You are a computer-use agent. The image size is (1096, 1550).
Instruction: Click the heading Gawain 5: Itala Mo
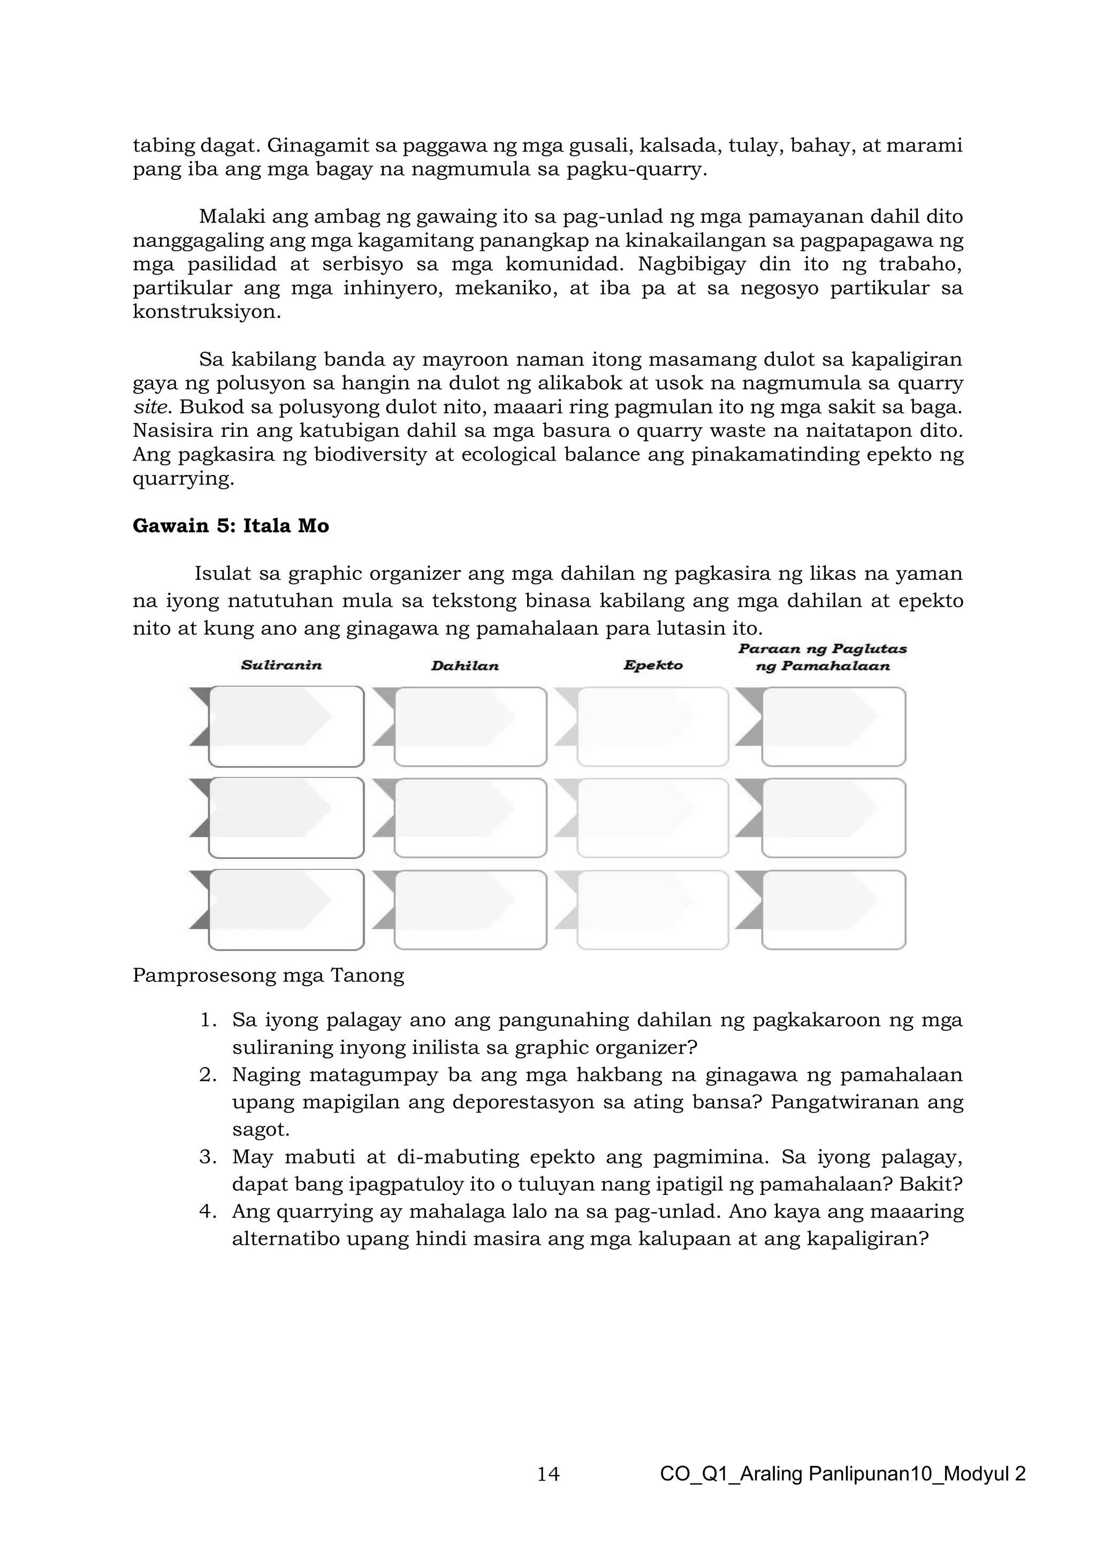coord(231,526)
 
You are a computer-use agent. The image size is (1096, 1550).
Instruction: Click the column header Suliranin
coord(281,666)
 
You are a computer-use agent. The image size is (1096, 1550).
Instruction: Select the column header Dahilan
coord(465,666)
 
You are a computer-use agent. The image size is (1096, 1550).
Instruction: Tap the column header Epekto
coord(652,666)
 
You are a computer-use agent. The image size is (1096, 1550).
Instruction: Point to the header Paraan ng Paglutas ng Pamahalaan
coord(822,657)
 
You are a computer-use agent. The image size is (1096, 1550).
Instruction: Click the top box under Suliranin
coord(286,727)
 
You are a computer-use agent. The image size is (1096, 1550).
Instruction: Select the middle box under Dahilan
coord(470,818)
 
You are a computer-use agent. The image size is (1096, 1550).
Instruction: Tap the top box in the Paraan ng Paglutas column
coord(833,727)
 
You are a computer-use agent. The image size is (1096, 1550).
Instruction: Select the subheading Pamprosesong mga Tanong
coord(268,976)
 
